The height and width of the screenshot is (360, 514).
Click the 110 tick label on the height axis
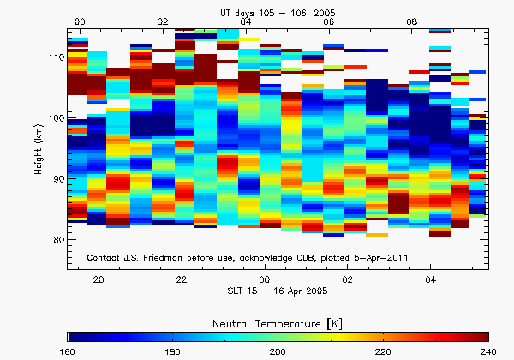click(54, 57)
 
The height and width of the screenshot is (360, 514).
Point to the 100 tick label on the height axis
click(54, 117)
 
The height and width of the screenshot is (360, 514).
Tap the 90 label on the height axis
click(57, 178)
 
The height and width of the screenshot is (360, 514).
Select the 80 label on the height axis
click(57, 239)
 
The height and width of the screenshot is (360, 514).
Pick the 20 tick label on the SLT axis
click(99, 280)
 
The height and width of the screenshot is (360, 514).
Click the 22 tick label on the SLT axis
click(182, 280)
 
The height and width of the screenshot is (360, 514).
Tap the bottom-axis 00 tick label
click(265, 280)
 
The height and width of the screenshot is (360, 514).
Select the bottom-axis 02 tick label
click(348, 280)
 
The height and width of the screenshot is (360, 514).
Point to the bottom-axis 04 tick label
click(431, 280)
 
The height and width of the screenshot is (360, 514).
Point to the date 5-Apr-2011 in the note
click(406, 258)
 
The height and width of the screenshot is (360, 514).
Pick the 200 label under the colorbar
click(278, 351)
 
